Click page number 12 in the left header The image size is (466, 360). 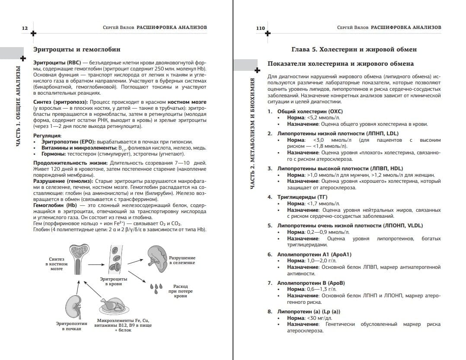click(25, 28)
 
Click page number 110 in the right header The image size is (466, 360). click(260, 28)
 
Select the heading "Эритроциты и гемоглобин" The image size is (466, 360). click(77, 50)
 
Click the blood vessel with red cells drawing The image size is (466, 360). click(115, 259)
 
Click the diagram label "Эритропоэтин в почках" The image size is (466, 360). click(71, 326)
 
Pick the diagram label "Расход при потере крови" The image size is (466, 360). click(181, 291)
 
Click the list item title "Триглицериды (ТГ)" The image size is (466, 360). click(300, 197)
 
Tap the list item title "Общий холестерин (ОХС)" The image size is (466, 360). click(306, 112)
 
